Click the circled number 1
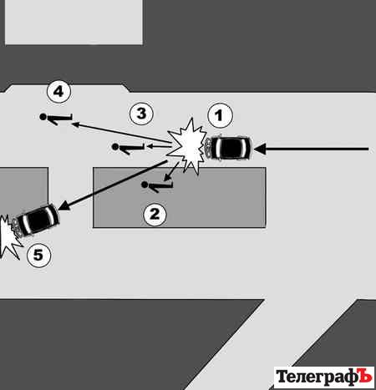[220, 115]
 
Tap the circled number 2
[155, 214]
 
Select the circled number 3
[141, 114]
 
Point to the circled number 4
[58, 92]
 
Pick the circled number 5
[39, 255]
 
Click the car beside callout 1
[228, 148]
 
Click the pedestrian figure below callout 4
[56, 119]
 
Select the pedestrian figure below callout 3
[128, 148]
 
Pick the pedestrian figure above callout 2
[158, 186]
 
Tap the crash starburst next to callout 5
[9, 236]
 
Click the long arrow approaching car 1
[311, 149]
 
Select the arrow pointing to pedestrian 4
[121, 133]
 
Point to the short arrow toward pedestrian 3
[159, 144]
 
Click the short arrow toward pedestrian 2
[171, 171]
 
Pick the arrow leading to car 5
[112, 185]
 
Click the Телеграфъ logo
[324, 377]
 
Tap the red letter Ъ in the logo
[365, 376]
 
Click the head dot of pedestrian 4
[43, 117]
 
